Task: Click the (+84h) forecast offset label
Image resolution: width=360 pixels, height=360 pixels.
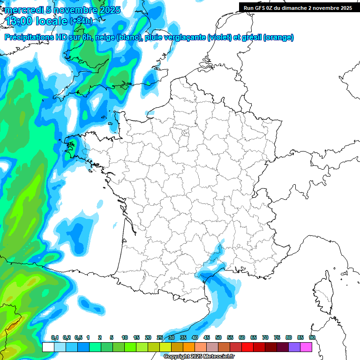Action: coord(81,21)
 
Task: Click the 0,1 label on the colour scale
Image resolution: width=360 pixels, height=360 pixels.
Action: coord(55,337)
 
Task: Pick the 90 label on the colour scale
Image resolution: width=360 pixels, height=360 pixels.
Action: coord(312,337)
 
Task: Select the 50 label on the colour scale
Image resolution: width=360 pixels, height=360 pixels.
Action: coord(218,337)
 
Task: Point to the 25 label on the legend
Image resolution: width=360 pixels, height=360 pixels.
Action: coord(160,337)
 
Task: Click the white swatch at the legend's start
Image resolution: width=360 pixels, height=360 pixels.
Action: coord(48,347)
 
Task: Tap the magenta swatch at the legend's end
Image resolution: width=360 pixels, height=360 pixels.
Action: coord(307,347)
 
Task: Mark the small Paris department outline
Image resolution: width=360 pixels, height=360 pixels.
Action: coord(185,133)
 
